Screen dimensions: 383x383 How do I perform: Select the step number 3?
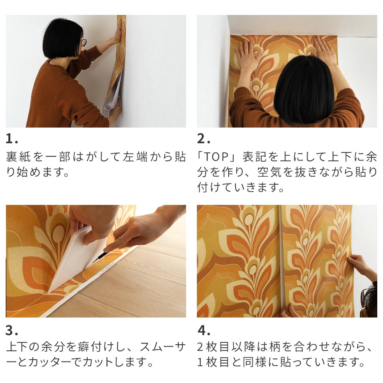click(x=11, y=330)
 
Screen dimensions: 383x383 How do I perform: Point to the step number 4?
click(x=203, y=330)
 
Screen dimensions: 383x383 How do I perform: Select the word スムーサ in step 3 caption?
click(x=163, y=347)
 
